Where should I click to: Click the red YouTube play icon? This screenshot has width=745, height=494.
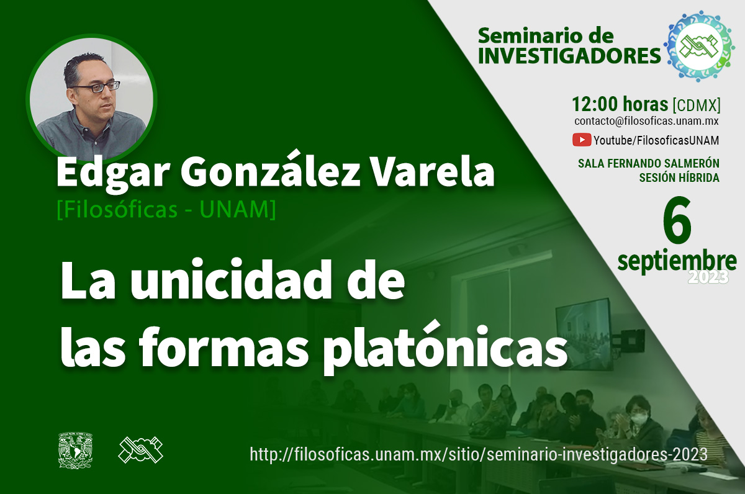(581, 140)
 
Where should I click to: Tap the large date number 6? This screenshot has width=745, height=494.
(677, 220)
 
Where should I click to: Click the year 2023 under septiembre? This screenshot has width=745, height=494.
(708, 277)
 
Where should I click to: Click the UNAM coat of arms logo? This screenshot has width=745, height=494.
(76, 451)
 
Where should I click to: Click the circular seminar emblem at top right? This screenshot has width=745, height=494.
(699, 46)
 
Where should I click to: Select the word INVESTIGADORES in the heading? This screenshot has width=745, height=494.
(569, 56)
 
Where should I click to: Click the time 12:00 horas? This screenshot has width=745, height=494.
(620, 104)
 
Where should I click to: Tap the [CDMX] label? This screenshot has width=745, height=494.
(697, 105)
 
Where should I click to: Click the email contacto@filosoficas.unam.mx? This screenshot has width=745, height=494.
(646, 121)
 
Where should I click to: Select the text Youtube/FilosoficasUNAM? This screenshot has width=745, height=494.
(656, 141)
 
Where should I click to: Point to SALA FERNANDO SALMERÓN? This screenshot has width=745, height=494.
(649, 163)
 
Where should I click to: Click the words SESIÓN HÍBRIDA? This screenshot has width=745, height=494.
(679, 178)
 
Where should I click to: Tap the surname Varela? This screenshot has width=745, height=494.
(433, 173)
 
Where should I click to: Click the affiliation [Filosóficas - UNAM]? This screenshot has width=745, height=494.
(166, 210)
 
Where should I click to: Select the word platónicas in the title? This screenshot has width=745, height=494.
(445, 348)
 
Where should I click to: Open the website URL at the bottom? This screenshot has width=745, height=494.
(479, 454)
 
